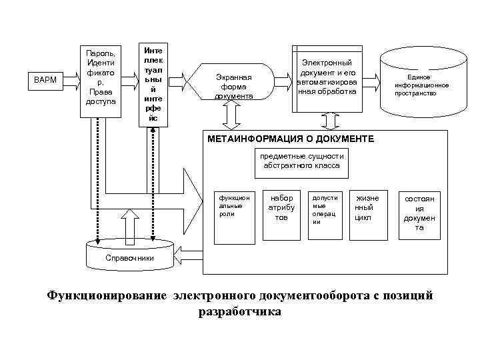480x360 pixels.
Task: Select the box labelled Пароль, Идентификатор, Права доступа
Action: click(101, 79)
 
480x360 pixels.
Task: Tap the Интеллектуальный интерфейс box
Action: click(154, 84)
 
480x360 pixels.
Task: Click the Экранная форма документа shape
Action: click(233, 85)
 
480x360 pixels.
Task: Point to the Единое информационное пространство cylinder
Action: click(421, 83)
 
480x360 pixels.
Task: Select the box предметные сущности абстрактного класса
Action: click(301, 163)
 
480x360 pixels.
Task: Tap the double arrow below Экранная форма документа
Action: click(234, 117)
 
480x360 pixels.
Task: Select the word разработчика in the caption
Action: click(239, 311)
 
